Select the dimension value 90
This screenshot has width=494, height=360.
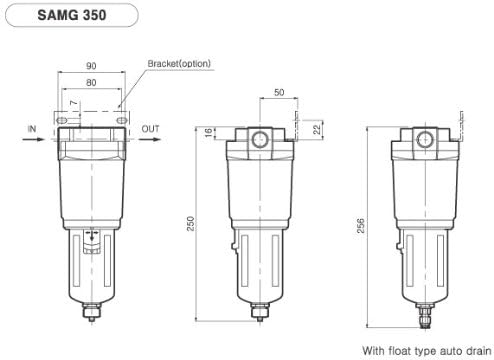point(91,66)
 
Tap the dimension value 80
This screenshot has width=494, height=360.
point(91,83)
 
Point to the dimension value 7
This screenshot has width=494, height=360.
point(74,104)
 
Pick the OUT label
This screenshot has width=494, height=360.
point(150,129)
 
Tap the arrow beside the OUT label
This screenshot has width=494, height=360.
point(149,140)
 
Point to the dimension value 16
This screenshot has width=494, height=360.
point(208,132)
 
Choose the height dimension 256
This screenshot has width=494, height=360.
point(361,228)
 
